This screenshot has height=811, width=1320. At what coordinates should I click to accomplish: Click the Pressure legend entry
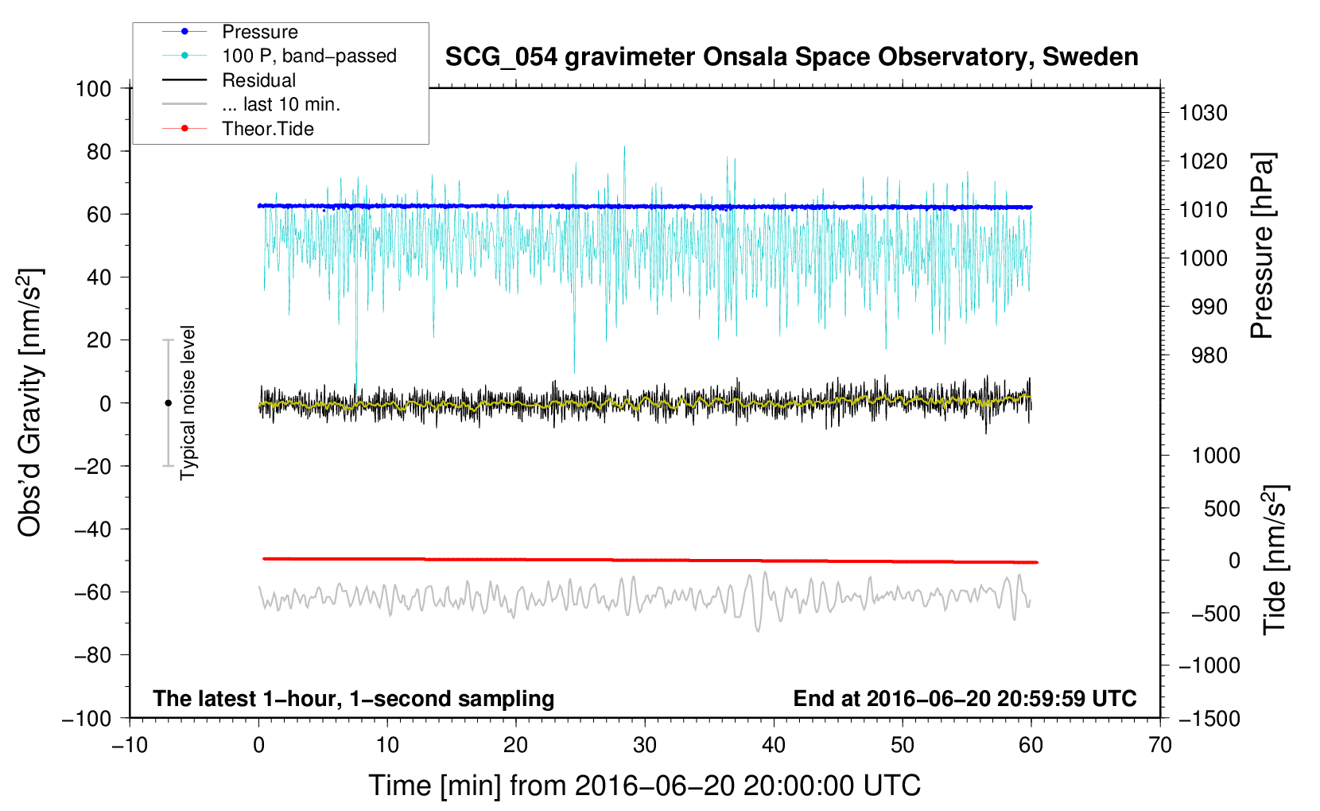[x=259, y=32]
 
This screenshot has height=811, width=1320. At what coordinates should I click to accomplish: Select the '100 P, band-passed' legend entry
[x=309, y=56]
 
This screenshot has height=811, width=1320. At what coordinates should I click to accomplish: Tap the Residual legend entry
[x=258, y=80]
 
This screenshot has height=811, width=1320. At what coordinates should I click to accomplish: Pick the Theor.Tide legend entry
[x=267, y=129]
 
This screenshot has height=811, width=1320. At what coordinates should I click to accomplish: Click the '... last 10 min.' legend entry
[x=281, y=104]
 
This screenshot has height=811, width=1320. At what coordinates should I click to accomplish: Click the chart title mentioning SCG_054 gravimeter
[x=791, y=57]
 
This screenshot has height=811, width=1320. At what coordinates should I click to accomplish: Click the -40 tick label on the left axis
[x=92, y=529]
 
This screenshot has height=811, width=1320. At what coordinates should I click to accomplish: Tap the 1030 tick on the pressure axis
[x=1203, y=113]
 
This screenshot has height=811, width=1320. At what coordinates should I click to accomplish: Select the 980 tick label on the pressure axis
[x=1209, y=355]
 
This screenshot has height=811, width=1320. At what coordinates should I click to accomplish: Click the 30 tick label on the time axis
[x=645, y=745]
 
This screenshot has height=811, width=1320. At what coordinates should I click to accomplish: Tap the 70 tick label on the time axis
[x=1160, y=745]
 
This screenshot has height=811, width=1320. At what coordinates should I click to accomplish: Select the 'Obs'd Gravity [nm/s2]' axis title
[x=29, y=402]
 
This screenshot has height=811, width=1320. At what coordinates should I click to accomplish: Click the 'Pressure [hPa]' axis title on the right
[x=1262, y=246]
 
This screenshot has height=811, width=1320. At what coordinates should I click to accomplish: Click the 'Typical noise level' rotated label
[x=188, y=402]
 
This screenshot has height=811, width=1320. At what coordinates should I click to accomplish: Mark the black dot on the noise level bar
[x=168, y=403]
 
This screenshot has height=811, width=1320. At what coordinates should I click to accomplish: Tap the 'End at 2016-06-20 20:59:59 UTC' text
[x=965, y=698]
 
